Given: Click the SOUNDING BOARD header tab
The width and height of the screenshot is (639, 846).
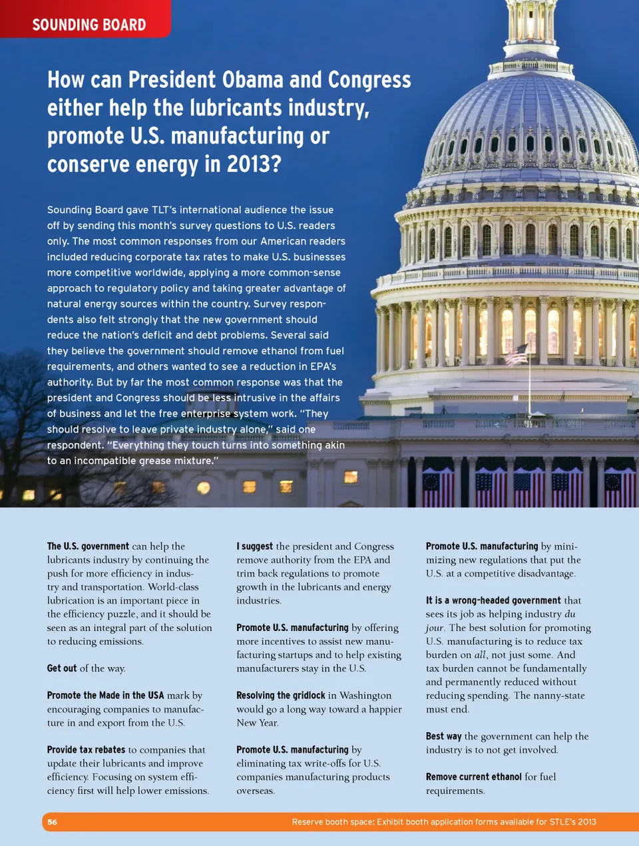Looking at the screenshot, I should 89,25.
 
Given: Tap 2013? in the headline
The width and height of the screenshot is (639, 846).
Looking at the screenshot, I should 254,164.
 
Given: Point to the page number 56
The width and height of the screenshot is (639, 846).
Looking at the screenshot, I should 52,822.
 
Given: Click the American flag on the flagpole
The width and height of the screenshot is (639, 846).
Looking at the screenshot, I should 517,354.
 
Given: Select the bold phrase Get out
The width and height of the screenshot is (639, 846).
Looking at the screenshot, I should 62,668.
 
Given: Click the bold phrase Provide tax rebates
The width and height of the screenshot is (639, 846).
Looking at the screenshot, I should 86,749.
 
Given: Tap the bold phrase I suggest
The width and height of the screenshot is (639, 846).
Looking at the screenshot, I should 254,546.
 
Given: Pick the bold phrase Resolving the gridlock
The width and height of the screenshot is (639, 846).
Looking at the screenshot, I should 280,695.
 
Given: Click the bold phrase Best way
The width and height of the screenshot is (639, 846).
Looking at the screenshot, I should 443,736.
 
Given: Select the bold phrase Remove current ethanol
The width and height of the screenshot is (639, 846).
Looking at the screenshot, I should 473,777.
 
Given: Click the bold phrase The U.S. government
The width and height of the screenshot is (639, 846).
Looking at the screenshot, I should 88,546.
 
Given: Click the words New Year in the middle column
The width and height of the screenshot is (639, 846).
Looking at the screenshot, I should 257,723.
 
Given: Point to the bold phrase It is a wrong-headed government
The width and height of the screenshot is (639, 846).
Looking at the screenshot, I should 493,600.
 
